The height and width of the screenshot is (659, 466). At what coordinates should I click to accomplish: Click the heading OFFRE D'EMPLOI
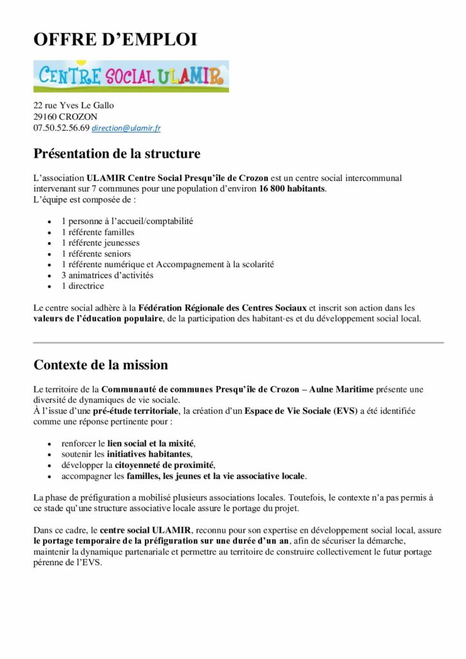pyautogui.click(x=115, y=40)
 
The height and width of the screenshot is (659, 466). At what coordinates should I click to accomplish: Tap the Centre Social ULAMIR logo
pyautogui.click(x=131, y=77)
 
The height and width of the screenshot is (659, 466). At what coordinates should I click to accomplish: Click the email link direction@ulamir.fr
pyautogui.click(x=126, y=128)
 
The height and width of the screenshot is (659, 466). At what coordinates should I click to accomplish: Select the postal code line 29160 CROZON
pyautogui.click(x=66, y=116)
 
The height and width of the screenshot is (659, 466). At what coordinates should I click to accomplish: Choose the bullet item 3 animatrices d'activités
pyautogui.click(x=107, y=275)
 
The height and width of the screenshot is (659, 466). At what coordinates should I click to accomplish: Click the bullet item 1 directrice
pyautogui.click(x=87, y=286)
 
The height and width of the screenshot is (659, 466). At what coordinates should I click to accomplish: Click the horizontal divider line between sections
pyautogui.click(x=238, y=342)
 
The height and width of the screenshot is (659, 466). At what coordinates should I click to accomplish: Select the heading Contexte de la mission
pyautogui.click(x=100, y=365)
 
